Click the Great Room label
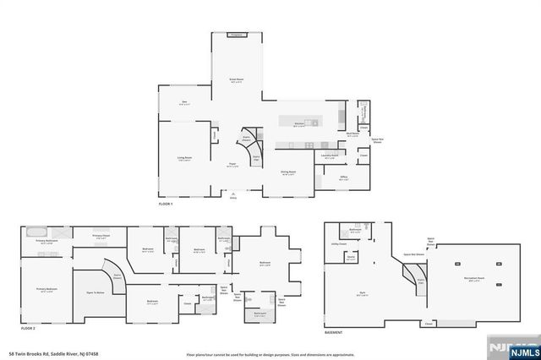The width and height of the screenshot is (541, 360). [x=236, y=80]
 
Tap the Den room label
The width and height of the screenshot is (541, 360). [x=184, y=103]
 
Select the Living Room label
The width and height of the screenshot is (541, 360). [x=184, y=158]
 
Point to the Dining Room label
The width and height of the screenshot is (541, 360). [x=288, y=172]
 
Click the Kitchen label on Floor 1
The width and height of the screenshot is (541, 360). [x=299, y=124]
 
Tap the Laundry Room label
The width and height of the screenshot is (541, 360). [x=330, y=155]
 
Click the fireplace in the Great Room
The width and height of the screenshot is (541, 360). [x=236, y=35]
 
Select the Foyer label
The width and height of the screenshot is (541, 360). [x=232, y=165]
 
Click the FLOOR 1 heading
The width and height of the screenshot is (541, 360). [x=166, y=205]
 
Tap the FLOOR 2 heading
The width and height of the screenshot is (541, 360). [x=28, y=327]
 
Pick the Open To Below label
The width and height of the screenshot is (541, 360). [x=96, y=292]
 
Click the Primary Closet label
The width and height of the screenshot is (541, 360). [x=101, y=236]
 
